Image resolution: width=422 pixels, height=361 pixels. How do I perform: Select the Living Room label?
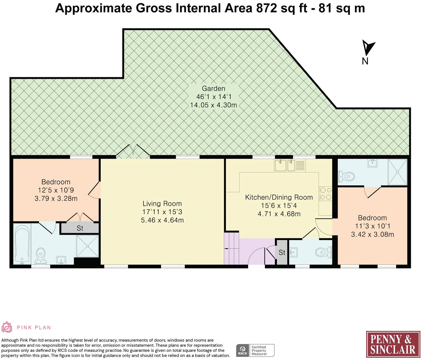tap(162, 203)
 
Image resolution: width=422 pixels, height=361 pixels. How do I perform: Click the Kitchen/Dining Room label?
tap(279, 197)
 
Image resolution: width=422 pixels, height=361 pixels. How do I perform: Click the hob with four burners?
tap(325, 194)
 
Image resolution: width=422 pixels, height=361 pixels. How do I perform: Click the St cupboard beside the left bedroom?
tap(80, 228)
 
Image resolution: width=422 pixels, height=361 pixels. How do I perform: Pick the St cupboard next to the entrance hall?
tap(282, 252)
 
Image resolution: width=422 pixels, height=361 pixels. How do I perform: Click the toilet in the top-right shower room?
tap(346, 176)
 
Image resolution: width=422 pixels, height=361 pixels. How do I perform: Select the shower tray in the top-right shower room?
tap(397, 172)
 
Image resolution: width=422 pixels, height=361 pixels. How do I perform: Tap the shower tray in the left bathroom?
tap(88, 246)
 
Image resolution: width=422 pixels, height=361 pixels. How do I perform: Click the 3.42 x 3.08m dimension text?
tap(372, 234)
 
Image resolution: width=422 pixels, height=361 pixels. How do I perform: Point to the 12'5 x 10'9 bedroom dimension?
tap(56, 190)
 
